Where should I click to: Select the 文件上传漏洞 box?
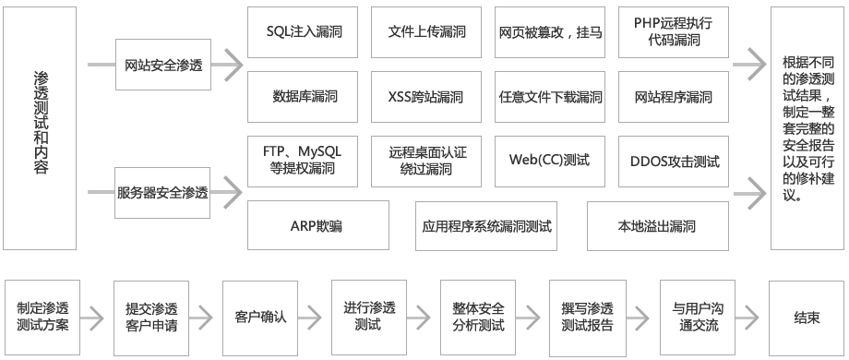tap(426, 31)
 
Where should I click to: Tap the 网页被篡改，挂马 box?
tap(550, 31)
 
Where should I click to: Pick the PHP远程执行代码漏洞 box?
tap(674, 31)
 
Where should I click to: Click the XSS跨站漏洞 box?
tap(426, 96)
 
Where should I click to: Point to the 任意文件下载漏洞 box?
tap(550, 96)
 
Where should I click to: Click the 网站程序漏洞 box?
tap(674, 96)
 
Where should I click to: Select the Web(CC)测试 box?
tap(549, 160)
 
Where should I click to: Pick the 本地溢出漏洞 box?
tap(656, 225)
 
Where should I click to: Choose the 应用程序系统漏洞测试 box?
tap(486, 225)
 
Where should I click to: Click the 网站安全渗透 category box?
tap(162, 66)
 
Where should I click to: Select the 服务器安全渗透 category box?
tap(162, 193)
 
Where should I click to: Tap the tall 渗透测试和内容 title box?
tap(40, 126)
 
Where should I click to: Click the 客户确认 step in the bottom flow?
tap(260, 317)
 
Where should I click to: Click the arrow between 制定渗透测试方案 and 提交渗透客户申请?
tap(93, 317)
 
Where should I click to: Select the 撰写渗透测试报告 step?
tap(587, 317)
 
